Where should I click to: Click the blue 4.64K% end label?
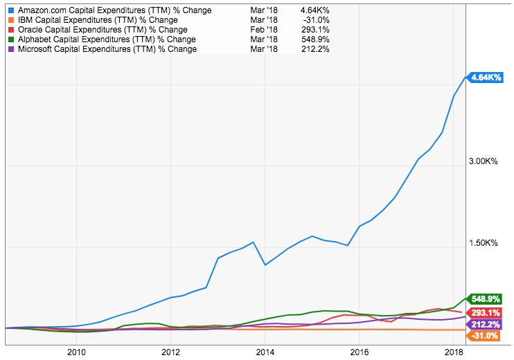tap(486, 78)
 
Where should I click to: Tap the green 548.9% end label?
tap(486, 300)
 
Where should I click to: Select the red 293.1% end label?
tap(486, 312)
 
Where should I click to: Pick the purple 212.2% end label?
tap(486, 324)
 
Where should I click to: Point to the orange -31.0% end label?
tap(486, 336)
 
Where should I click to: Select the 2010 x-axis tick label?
tap(76, 352)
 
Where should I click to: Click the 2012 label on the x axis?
tap(170, 352)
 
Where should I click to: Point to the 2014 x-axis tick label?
tap(265, 352)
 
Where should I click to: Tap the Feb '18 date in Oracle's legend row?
tap(268, 30)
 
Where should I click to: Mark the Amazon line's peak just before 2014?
tap(254, 242)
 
